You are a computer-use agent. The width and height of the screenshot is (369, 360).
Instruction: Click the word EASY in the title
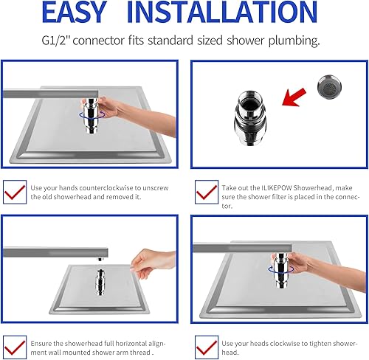pyautogui.click(x=75, y=13)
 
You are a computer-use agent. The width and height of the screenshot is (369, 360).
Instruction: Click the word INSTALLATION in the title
pyautogui.click(x=222, y=13)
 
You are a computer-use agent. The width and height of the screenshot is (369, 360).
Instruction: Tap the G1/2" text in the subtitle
pyautogui.click(x=56, y=41)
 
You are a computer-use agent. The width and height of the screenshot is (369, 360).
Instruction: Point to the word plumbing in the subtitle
pyautogui.click(x=294, y=41)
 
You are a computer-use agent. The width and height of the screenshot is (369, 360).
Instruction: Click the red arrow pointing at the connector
pyautogui.click(x=294, y=97)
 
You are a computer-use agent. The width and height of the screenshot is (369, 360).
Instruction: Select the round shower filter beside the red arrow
pyautogui.click(x=329, y=87)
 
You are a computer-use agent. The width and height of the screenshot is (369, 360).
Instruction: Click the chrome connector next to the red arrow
pyautogui.click(x=249, y=117)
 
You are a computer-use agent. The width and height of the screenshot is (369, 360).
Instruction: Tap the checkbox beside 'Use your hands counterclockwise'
pyautogui.click(x=15, y=192)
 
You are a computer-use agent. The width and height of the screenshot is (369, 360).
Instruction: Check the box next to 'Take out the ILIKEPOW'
pyautogui.click(x=207, y=192)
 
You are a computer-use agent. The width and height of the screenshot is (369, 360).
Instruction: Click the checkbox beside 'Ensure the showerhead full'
pyautogui.click(x=15, y=347)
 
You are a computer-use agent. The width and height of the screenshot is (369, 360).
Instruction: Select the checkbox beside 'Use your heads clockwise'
pyautogui.click(x=207, y=347)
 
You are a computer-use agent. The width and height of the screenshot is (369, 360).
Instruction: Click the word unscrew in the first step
pyautogui.click(x=156, y=188)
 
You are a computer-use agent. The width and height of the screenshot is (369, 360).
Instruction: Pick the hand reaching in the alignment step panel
pyautogui.click(x=153, y=263)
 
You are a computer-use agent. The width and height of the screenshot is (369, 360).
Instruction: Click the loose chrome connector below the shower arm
pyautogui.click(x=100, y=282)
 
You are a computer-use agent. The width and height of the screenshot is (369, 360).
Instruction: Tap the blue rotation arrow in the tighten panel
pyautogui.click(x=281, y=269)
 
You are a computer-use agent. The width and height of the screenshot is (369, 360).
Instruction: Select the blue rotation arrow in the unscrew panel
pyautogui.click(x=92, y=114)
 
